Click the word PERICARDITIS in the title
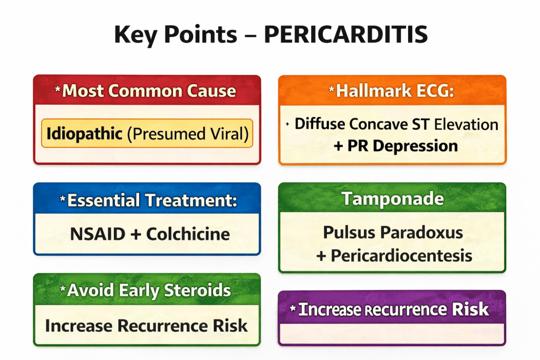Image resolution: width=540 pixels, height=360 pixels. (x=345, y=35)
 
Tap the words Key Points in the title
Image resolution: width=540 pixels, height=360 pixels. (x=175, y=35)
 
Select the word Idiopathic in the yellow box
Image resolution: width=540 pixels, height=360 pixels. (x=85, y=133)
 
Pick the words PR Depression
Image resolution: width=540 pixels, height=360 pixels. (x=402, y=145)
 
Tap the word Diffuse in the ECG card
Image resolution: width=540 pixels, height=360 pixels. (x=322, y=124)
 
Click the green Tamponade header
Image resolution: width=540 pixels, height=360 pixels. (x=392, y=199)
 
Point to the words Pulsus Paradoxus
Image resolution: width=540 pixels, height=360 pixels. (x=392, y=232)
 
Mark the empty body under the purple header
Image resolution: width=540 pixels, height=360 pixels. (x=392, y=334)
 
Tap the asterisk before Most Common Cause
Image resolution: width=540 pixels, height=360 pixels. (x=58, y=90)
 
